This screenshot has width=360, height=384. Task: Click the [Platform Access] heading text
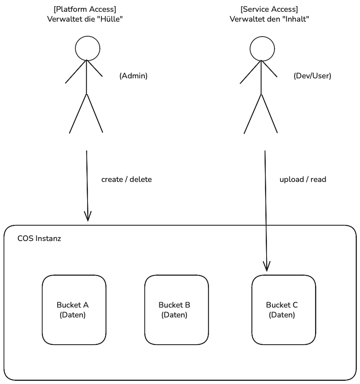[85, 9]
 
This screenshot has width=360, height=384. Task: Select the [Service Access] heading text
[269, 9]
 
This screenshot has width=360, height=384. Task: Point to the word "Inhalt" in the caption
[294, 19]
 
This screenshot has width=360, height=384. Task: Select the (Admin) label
[133, 76]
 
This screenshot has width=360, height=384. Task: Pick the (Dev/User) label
[312, 76]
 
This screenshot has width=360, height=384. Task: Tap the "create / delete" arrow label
[127, 180]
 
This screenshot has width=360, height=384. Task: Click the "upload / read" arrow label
[303, 180]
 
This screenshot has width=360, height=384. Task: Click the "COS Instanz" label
[39, 239]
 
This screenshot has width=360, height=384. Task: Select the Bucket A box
[74, 310]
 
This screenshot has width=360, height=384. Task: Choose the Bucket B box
[176, 310]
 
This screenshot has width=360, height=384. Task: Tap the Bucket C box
[284, 310]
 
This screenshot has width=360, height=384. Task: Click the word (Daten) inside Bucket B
[174, 315]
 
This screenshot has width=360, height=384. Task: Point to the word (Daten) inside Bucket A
[73, 315]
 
